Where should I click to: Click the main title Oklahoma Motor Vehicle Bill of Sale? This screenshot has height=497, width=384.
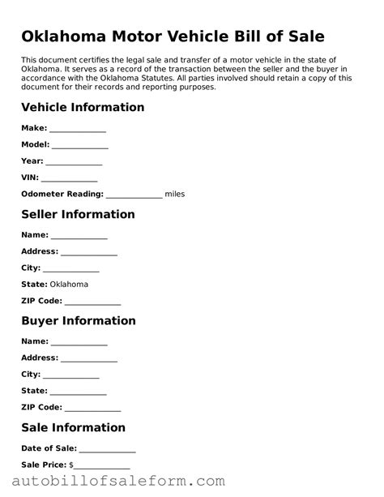(173, 36)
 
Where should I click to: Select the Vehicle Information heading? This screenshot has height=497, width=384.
(83, 107)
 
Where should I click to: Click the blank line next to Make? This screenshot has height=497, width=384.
(78, 128)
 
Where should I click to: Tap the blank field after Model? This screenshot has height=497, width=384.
(80, 144)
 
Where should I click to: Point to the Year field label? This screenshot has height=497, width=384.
(32, 161)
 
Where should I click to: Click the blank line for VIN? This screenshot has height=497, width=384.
(69, 178)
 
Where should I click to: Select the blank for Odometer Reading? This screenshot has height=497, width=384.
(134, 195)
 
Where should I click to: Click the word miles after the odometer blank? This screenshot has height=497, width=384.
(175, 195)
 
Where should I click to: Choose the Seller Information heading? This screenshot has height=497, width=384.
(78, 214)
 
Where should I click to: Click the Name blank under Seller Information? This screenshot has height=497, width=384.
(79, 235)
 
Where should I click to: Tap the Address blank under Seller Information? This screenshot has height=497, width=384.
(89, 251)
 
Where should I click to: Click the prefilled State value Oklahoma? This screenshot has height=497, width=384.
(69, 285)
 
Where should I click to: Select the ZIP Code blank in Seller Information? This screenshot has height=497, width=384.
(92, 301)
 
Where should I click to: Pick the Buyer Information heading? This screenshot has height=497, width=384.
(79, 320)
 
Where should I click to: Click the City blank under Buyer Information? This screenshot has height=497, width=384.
(71, 375)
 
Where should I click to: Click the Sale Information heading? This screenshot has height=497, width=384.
(74, 427)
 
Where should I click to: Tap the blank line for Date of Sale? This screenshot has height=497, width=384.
(107, 448)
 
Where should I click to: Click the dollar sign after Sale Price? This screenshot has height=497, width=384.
(71, 465)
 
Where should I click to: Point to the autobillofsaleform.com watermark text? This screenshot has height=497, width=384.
(113, 482)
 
